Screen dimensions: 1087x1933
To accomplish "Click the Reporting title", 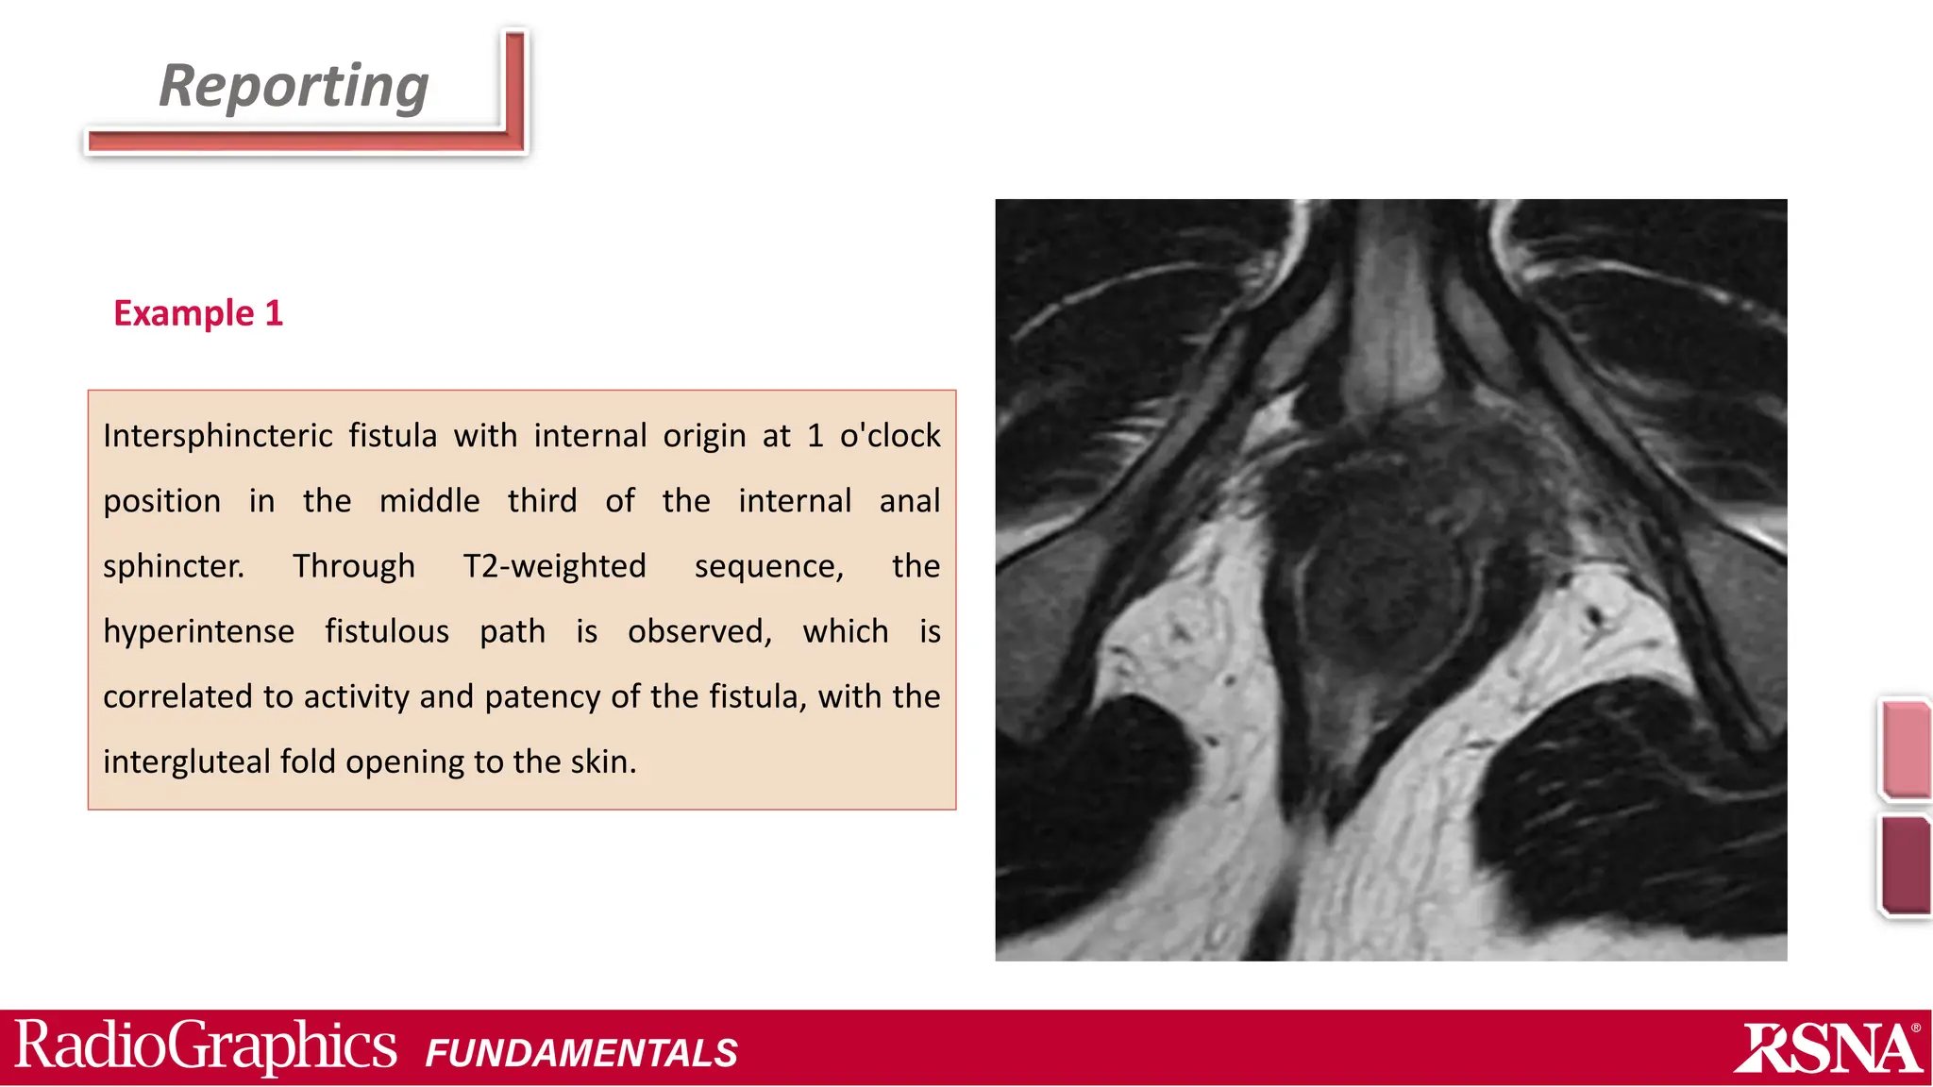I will tap(294, 86).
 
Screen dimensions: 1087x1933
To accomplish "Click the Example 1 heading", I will tap(198, 313).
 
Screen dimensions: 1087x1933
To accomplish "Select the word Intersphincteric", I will tap(217, 436).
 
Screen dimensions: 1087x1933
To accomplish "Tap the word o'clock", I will tap(890, 436).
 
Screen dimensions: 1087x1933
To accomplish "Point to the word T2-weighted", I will tap(554, 566).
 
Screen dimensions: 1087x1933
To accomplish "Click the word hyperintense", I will tap(198, 631).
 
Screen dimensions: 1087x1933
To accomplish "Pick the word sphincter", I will tap(174, 566).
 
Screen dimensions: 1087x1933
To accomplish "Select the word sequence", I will tap(768, 566).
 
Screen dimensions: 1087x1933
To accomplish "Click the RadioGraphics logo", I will tap(206, 1046).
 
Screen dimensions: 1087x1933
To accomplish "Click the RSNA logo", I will tap(1828, 1048).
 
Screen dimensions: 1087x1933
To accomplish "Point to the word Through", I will tap(354, 566).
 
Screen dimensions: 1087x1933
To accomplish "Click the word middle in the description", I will tap(429, 501).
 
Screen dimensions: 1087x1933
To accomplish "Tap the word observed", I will tap(699, 631).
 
